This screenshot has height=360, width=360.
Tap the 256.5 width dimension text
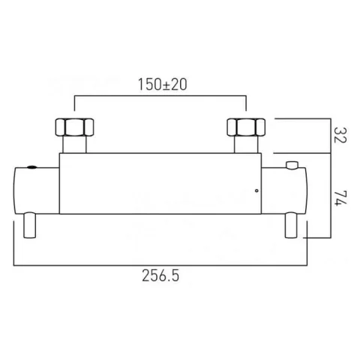point(160,275)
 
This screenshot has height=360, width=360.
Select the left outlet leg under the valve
point(31,225)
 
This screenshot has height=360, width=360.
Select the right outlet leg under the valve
point(292,225)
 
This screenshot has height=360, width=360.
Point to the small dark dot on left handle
point(31,167)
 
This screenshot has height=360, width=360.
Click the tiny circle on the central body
point(256,190)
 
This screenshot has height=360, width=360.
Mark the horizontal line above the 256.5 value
point(160,264)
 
